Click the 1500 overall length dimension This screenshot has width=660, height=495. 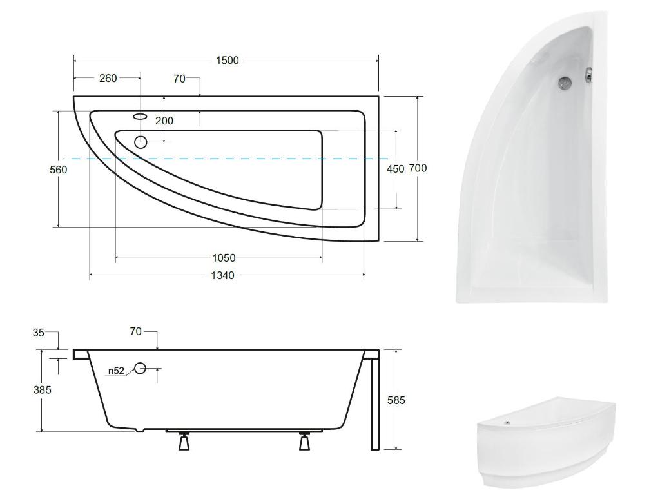click(x=228, y=60)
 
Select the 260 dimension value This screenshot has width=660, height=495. click(x=108, y=78)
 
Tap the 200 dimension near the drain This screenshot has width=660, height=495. click(x=164, y=121)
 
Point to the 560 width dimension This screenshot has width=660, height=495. click(x=59, y=170)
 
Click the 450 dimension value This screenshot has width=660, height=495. click(x=396, y=169)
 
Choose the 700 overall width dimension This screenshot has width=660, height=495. click(x=418, y=168)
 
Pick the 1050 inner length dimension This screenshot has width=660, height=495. click(x=224, y=258)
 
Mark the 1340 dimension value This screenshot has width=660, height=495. click(x=222, y=275)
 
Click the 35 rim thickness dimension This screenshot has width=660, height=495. click(x=38, y=333)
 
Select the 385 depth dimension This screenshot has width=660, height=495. click(x=43, y=390)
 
